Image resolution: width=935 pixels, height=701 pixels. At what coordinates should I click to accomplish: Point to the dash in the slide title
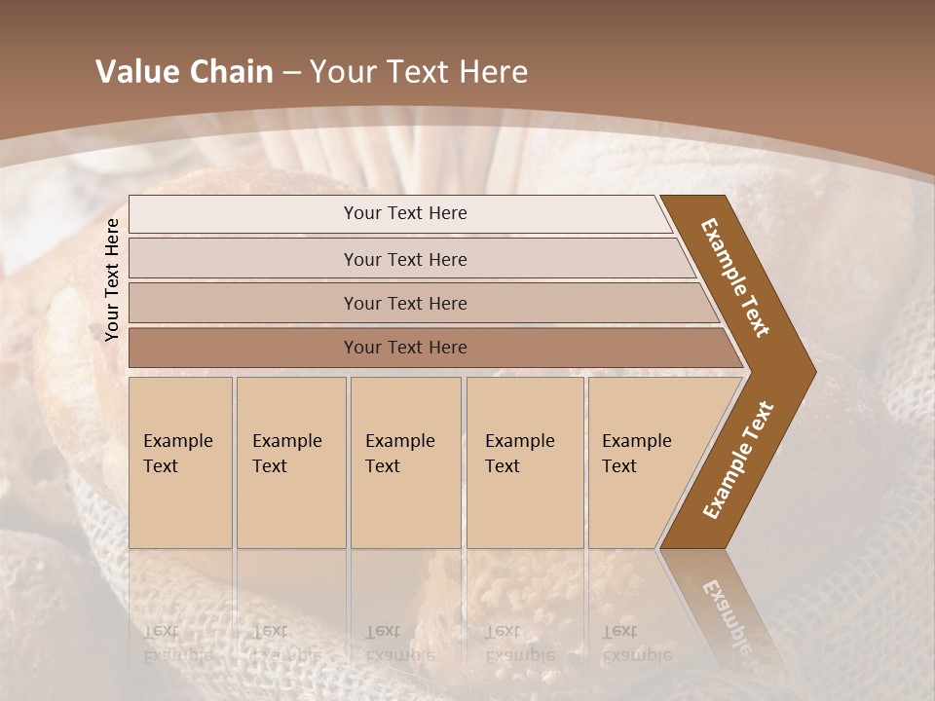(x=291, y=73)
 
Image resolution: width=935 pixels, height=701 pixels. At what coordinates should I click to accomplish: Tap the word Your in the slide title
(x=341, y=72)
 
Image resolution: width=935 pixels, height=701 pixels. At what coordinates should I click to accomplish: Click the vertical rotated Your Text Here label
(x=112, y=279)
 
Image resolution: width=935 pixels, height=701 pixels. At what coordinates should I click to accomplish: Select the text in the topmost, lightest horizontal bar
(x=405, y=213)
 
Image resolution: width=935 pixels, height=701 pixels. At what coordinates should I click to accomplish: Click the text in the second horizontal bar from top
(x=405, y=260)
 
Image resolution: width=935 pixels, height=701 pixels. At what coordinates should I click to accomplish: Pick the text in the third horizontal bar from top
(x=405, y=304)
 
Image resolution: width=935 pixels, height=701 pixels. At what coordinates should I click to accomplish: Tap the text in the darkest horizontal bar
(x=405, y=348)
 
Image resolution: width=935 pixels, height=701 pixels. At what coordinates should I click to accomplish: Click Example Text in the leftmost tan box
(x=177, y=454)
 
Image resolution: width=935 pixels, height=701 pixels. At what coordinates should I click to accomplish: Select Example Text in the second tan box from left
(x=286, y=454)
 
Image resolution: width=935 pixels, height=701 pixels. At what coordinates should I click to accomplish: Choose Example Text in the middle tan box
(x=399, y=454)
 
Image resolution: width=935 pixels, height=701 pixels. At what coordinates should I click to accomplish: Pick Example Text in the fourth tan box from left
(x=519, y=454)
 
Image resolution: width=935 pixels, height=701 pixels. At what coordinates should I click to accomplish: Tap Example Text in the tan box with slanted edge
(x=636, y=454)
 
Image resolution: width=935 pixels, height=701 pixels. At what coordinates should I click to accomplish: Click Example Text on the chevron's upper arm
(x=735, y=277)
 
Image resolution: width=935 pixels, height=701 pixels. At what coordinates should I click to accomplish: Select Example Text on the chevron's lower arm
(x=738, y=461)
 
